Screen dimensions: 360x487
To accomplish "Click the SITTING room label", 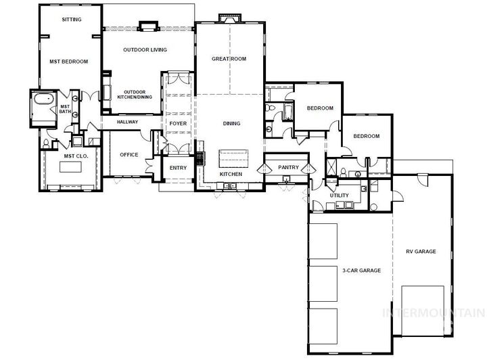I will (x=72, y=20).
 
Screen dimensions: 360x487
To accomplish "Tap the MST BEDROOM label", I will (x=69, y=62).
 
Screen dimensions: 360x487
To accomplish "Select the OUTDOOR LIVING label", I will (x=145, y=50).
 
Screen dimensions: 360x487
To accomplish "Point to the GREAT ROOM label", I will (x=229, y=59).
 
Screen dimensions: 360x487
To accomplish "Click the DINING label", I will (x=232, y=123).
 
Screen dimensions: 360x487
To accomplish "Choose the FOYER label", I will (x=178, y=124).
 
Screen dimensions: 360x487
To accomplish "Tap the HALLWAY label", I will (x=127, y=122).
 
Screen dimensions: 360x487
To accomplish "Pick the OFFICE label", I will (x=129, y=155).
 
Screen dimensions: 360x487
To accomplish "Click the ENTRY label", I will (x=178, y=168).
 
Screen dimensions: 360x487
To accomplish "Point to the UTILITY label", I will (x=339, y=196).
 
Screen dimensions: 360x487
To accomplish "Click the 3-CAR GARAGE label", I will (x=361, y=270).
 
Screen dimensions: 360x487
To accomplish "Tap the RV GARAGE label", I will (x=420, y=252).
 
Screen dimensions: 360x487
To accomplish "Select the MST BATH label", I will (x=66, y=109).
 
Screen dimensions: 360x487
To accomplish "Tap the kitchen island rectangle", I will (x=233, y=160).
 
